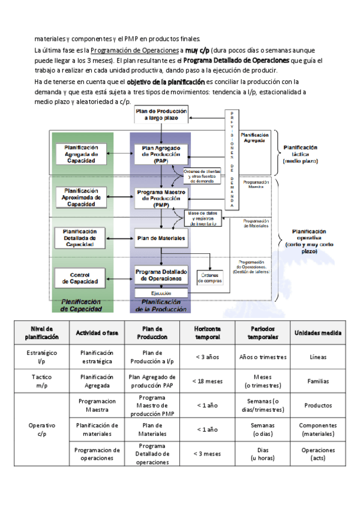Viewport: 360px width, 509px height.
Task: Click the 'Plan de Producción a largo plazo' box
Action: pos(160,115)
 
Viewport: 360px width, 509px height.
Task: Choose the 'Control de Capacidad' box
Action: pos(80,277)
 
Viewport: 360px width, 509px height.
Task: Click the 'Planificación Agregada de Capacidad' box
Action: pos(80,154)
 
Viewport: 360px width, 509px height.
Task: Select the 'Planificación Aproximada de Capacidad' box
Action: pos(80,197)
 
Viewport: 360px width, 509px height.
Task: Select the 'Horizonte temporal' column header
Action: pos(207,333)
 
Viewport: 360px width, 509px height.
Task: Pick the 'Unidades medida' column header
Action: pos(318,333)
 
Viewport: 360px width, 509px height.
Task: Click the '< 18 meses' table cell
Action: pos(207,381)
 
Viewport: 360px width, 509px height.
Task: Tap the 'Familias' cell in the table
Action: pos(318,381)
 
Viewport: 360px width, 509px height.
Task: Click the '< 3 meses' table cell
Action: pos(207,454)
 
